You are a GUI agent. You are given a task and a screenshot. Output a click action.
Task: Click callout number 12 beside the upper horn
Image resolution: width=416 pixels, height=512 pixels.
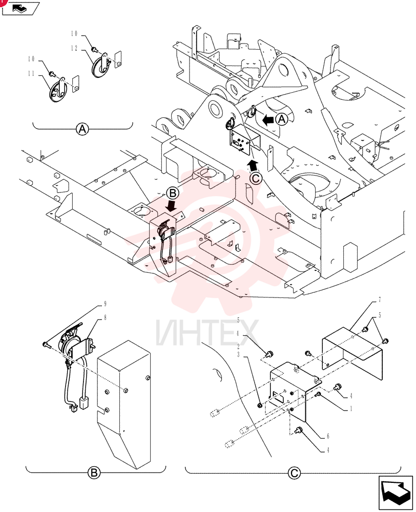coord(74,48)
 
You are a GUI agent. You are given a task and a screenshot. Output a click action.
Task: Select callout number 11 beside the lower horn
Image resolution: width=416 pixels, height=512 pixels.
coord(31,73)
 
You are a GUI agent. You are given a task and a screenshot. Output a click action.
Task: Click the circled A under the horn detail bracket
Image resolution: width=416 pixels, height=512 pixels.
coord(82,130)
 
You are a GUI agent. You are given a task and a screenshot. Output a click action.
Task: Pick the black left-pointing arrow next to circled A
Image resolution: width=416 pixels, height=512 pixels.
coord(268,120)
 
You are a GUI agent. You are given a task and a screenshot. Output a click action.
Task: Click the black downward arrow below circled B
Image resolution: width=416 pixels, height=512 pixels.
coord(172,206)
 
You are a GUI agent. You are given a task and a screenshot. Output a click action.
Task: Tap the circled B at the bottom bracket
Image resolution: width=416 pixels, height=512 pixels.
coord(94,473)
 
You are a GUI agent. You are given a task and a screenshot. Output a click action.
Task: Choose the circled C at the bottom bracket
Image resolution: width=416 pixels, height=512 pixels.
coord(294,473)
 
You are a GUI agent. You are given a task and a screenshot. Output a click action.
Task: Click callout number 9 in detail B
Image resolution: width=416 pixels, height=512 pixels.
coord(105,304)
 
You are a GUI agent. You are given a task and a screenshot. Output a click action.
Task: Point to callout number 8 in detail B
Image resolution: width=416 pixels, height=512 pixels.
coord(105,317)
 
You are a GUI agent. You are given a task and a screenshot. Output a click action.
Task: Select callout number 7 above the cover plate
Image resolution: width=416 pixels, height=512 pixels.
coord(380,300)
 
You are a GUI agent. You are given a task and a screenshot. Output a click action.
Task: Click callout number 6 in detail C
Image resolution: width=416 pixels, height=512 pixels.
coord(328,436)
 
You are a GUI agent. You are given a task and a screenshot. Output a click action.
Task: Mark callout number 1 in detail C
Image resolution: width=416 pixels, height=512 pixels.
coord(351,409)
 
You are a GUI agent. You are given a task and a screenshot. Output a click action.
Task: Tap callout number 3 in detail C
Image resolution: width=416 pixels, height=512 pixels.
coord(238,355)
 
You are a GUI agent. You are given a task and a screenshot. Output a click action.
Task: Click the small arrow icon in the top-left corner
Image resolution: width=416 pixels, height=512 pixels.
coord(20,8)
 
